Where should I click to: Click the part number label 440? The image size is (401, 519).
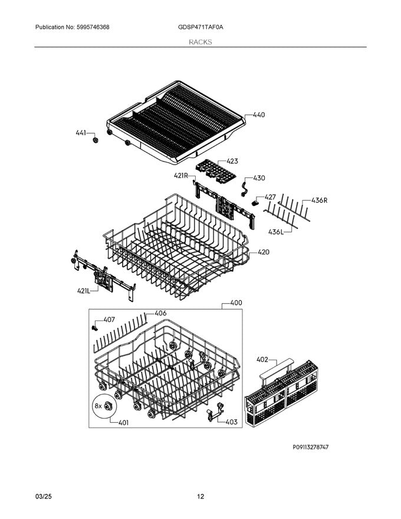(258, 115)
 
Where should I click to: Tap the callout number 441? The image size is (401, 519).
(81, 133)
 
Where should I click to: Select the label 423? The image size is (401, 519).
(232, 161)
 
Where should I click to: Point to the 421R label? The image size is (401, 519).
(180, 176)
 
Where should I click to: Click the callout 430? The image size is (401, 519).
(259, 178)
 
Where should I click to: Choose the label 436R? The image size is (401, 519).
(319, 201)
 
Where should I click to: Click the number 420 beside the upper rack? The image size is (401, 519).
(264, 252)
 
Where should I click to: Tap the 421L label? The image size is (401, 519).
(83, 290)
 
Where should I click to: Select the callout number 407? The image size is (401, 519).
(109, 320)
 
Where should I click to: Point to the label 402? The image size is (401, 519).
(262, 359)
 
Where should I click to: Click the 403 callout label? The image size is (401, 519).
(231, 422)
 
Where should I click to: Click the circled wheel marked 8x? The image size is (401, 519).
(109, 406)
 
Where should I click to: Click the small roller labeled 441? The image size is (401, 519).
(94, 142)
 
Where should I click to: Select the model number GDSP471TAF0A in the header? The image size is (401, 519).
(200, 28)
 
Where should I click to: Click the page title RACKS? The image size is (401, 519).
(200, 42)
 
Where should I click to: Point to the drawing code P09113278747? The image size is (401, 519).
(311, 448)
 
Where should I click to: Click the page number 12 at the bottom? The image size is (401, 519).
(200, 497)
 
